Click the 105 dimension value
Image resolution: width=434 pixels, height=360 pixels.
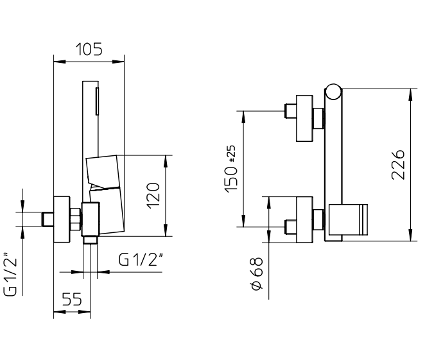click(89, 49)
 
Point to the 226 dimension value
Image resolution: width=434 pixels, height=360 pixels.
click(397, 165)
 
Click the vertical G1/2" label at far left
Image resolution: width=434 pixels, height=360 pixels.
click(11, 274)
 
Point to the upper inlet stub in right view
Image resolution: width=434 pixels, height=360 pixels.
click(290, 110)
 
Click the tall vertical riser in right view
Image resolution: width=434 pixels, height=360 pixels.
click(334, 167)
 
